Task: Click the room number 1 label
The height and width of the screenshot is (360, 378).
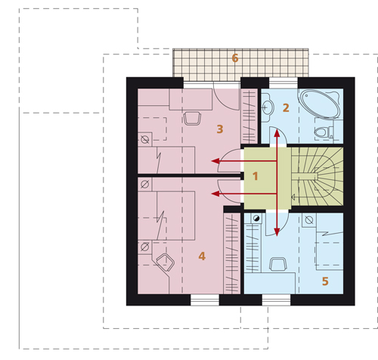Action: (x=256, y=176)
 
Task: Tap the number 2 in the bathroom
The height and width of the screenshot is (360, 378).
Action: (x=286, y=108)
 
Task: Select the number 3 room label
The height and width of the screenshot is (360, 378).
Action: (x=220, y=129)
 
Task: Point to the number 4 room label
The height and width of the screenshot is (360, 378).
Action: (x=202, y=256)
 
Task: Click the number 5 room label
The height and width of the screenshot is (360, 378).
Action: (x=325, y=281)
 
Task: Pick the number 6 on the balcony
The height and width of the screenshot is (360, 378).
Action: (x=235, y=58)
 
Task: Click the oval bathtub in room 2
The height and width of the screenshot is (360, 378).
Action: (x=319, y=104)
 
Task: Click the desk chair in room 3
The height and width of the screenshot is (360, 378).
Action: (x=192, y=119)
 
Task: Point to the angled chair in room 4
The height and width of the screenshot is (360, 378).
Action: (x=166, y=262)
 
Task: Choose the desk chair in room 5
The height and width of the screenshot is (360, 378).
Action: (x=278, y=264)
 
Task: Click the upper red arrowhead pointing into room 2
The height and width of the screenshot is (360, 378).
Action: (x=277, y=133)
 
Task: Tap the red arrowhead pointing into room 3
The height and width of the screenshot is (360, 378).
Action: (x=215, y=161)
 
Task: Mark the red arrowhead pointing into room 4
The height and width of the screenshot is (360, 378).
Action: (x=215, y=194)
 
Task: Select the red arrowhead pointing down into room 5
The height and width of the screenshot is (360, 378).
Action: (x=277, y=232)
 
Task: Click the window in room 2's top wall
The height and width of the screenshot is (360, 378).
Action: (x=283, y=83)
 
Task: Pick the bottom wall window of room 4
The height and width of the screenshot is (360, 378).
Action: (x=205, y=300)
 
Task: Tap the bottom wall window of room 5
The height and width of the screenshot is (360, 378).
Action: (x=276, y=300)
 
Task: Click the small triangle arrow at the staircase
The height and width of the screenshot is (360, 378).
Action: (x=293, y=197)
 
